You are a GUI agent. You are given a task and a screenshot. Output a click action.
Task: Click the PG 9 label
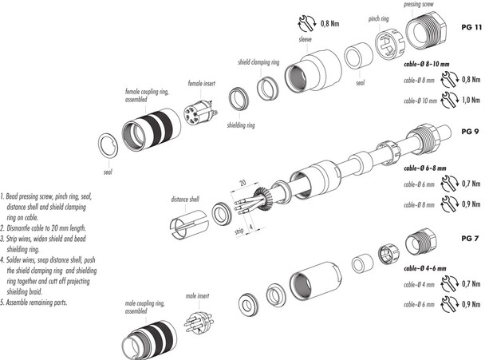tap(471, 129)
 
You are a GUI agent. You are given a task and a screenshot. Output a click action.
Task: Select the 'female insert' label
tap(202, 82)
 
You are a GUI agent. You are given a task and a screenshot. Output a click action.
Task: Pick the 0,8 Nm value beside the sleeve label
tap(330, 24)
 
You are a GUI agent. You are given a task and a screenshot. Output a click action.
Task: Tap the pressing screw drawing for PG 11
tap(424, 39)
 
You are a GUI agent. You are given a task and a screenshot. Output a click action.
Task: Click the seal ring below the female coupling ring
tap(107, 145)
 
